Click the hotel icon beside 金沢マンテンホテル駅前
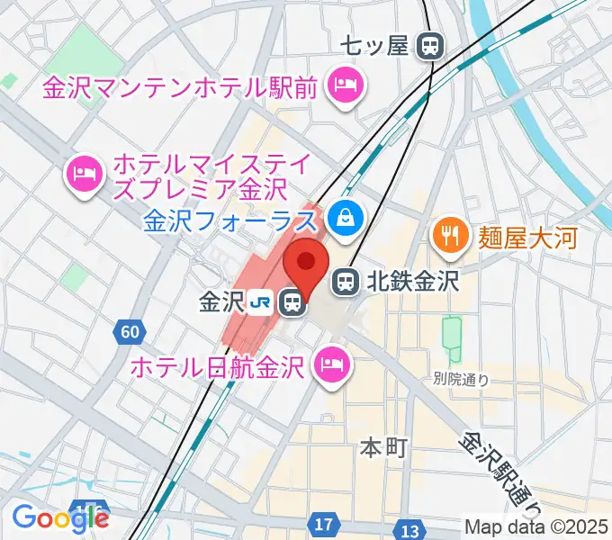[345, 87]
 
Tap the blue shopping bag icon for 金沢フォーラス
[345, 216]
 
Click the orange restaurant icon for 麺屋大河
[447, 237]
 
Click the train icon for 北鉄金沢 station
[345, 283]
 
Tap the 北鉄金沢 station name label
[412, 283]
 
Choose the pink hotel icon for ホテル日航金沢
[330, 364]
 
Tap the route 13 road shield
[410, 529]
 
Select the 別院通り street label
[460, 380]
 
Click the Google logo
[60, 517]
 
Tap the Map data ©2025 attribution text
[536, 526]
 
